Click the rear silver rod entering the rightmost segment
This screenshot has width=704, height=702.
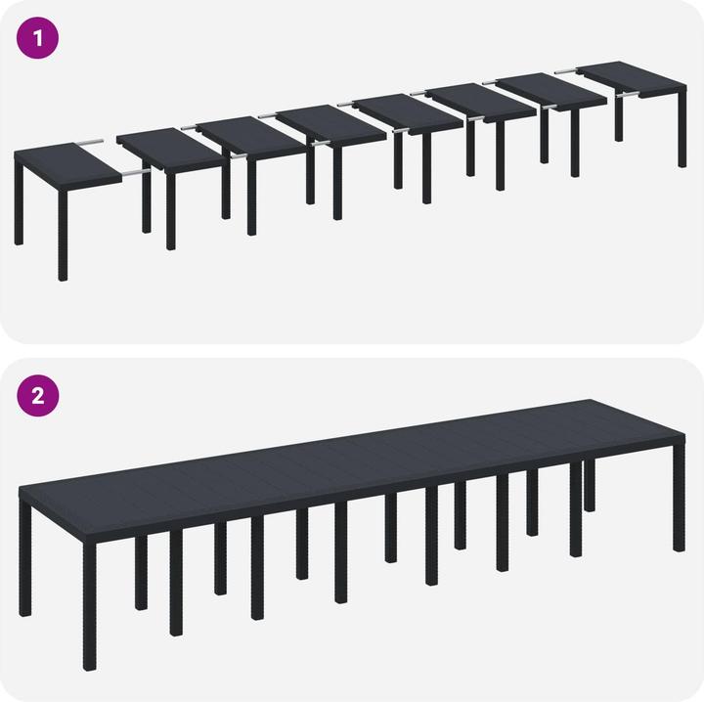(x=566, y=71)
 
